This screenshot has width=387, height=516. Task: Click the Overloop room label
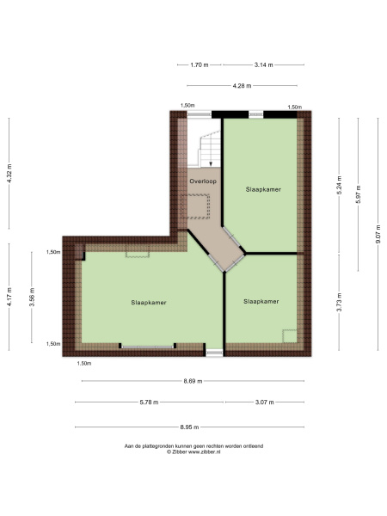tap(203, 181)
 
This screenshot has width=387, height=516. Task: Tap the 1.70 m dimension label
tap(200, 64)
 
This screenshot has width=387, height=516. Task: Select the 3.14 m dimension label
tap(264, 64)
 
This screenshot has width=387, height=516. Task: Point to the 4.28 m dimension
tap(242, 86)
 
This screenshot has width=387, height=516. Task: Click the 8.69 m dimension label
tap(193, 381)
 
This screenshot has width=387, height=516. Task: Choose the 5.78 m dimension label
tap(149, 402)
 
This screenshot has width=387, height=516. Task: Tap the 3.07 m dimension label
tap(265, 402)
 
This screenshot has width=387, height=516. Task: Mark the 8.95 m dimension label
tap(189, 427)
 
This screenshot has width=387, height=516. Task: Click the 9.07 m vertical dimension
tap(378, 234)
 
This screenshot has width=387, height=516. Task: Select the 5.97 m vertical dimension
tap(359, 194)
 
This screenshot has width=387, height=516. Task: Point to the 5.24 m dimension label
tap(340, 185)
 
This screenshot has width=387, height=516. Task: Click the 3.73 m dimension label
tap(340, 302)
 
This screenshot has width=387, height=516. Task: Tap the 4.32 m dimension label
tap(9, 174)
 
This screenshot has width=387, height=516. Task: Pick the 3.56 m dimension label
tap(32, 298)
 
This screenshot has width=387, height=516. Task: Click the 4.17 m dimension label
tap(9, 297)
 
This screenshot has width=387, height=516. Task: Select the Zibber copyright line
tap(193, 452)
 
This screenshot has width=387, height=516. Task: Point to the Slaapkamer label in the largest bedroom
tap(149, 303)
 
